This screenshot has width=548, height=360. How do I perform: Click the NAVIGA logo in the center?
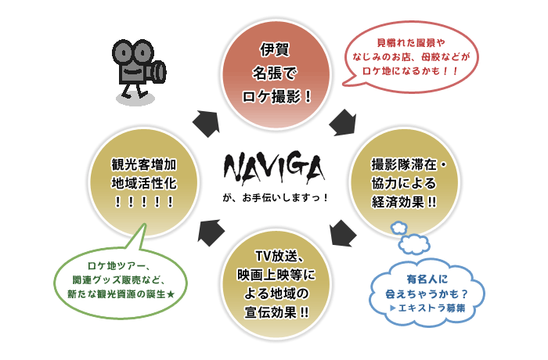(x=274, y=167)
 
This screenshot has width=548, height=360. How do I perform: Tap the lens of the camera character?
(x=159, y=72)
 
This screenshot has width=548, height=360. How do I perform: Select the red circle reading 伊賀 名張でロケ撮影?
(x=276, y=74)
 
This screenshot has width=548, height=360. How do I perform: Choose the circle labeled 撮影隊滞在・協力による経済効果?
(x=405, y=182)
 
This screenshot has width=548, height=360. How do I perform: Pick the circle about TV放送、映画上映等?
(x=276, y=284)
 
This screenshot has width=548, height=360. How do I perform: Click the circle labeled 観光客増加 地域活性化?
(x=143, y=182)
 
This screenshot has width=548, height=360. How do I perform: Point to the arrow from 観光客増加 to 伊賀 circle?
(x=207, y=124)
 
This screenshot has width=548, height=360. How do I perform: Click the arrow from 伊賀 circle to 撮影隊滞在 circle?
(x=343, y=122)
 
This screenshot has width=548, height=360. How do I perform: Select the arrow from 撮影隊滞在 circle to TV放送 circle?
(x=343, y=233)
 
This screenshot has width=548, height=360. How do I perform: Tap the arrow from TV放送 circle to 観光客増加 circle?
(x=211, y=232)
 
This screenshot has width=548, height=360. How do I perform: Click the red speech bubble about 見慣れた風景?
(x=410, y=56)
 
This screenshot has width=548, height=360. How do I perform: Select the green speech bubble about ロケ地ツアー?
(x=121, y=283)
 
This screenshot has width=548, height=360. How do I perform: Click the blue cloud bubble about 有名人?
(x=427, y=293)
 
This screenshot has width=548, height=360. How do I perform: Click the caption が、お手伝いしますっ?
(x=275, y=197)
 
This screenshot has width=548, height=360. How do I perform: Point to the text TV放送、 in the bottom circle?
(x=280, y=256)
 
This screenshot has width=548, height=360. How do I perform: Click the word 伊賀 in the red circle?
(x=275, y=49)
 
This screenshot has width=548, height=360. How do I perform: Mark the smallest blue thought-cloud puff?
(x=398, y=228)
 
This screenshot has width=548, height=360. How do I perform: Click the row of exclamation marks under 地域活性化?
(x=143, y=202)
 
